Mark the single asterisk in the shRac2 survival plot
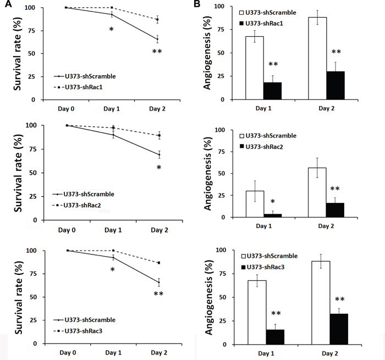click(158, 168)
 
